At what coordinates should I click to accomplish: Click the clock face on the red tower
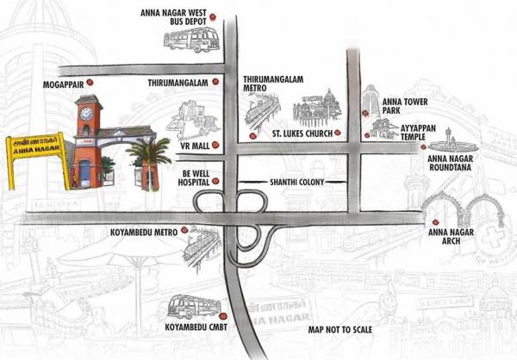[86, 112]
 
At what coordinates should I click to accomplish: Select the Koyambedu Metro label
[140, 233]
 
